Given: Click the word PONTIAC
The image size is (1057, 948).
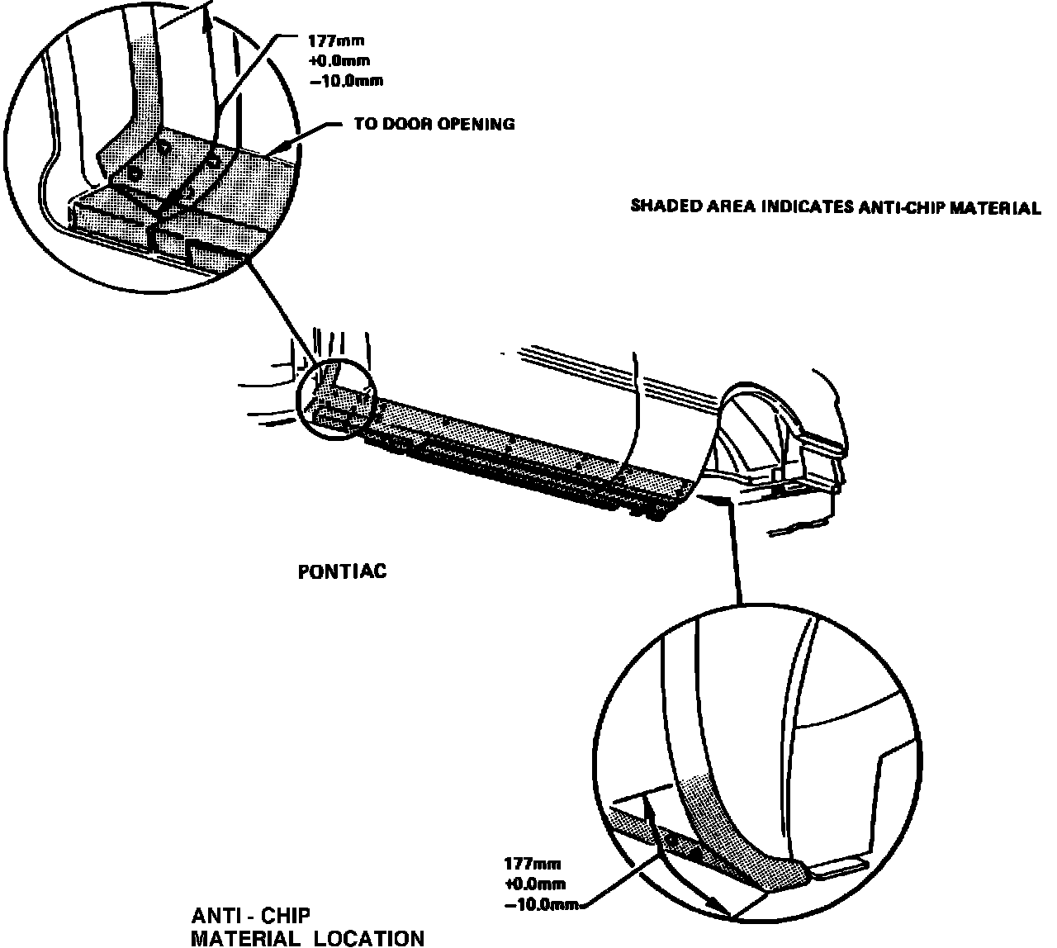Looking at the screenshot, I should [x=342, y=571].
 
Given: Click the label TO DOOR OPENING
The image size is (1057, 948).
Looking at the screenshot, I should [x=434, y=125].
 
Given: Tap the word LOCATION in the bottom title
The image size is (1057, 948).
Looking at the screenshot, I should [x=371, y=938].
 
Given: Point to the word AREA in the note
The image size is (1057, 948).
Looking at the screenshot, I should [x=724, y=206].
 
